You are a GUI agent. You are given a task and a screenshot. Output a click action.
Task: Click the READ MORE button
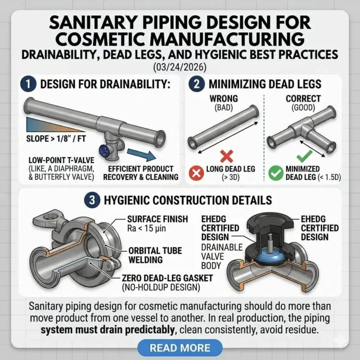[180, 348]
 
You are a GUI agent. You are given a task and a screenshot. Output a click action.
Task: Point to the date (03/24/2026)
[180, 67]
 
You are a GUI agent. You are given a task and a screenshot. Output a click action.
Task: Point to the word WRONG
[224, 99]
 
